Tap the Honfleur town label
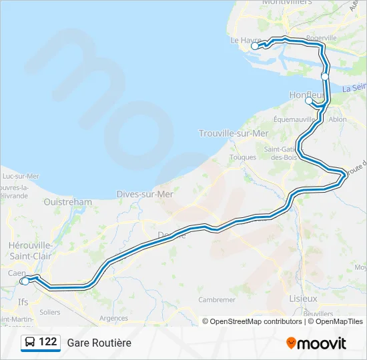(306, 95)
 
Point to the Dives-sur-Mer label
(145, 194)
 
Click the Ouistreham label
(67, 201)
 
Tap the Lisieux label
(303, 299)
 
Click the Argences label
(113, 318)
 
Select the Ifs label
(23, 301)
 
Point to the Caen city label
(16, 273)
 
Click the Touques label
(243, 157)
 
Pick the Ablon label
(338, 119)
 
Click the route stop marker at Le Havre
(255, 47)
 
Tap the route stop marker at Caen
(25, 281)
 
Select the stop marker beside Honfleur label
(308, 102)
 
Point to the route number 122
(47, 342)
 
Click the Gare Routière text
(99, 343)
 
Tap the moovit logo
(316, 343)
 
